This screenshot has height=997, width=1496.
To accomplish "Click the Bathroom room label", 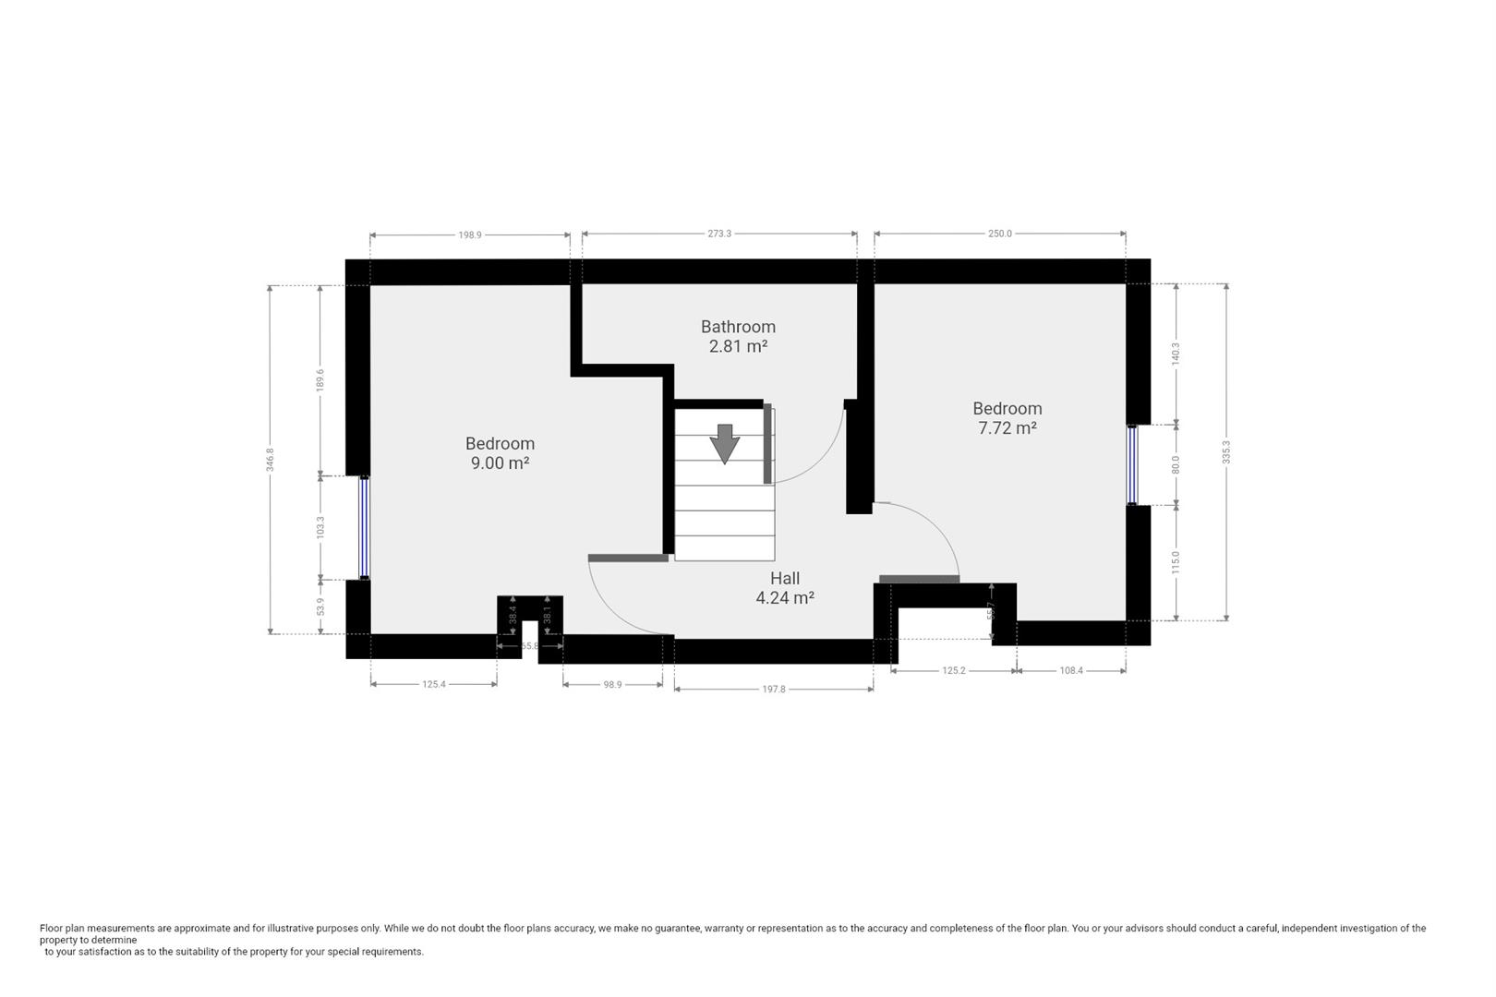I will (738, 327).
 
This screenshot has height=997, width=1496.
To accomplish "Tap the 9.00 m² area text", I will (500, 463).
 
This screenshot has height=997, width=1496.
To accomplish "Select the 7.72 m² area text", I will (1007, 428).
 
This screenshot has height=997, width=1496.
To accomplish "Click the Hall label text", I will (785, 579).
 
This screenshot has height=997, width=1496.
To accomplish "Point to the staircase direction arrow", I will (725, 444).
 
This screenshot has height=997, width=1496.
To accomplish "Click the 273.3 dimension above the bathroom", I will (719, 234).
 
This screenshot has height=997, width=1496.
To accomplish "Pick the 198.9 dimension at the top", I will (470, 235).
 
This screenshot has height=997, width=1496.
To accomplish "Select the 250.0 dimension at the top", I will (1000, 234).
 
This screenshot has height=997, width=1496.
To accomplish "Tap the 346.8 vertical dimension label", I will (271, 460).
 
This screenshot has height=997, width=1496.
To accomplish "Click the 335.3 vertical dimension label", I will (1226, 452).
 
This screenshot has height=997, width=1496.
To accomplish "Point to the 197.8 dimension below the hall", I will (774, 690).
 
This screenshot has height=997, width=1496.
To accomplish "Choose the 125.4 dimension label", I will (434, 685).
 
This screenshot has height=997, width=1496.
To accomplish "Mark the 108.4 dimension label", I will (1071, 671).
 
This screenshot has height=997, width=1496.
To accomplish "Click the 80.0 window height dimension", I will (1176, 464).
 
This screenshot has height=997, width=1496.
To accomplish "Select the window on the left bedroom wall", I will (365, 527).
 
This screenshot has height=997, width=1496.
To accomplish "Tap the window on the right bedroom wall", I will (1132, 464).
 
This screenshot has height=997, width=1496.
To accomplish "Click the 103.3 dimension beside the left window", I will (320, 528).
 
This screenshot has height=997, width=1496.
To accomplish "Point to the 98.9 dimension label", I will (612, 685).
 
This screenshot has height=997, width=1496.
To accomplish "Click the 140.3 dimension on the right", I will (1176, 354).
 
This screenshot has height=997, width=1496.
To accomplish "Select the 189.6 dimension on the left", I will (320, 380).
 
